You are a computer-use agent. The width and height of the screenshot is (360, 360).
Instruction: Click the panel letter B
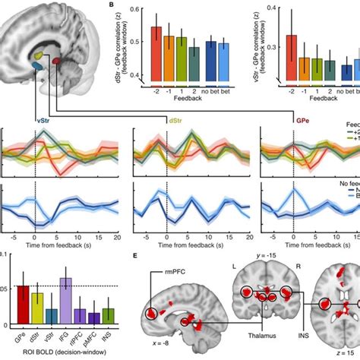113,5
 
